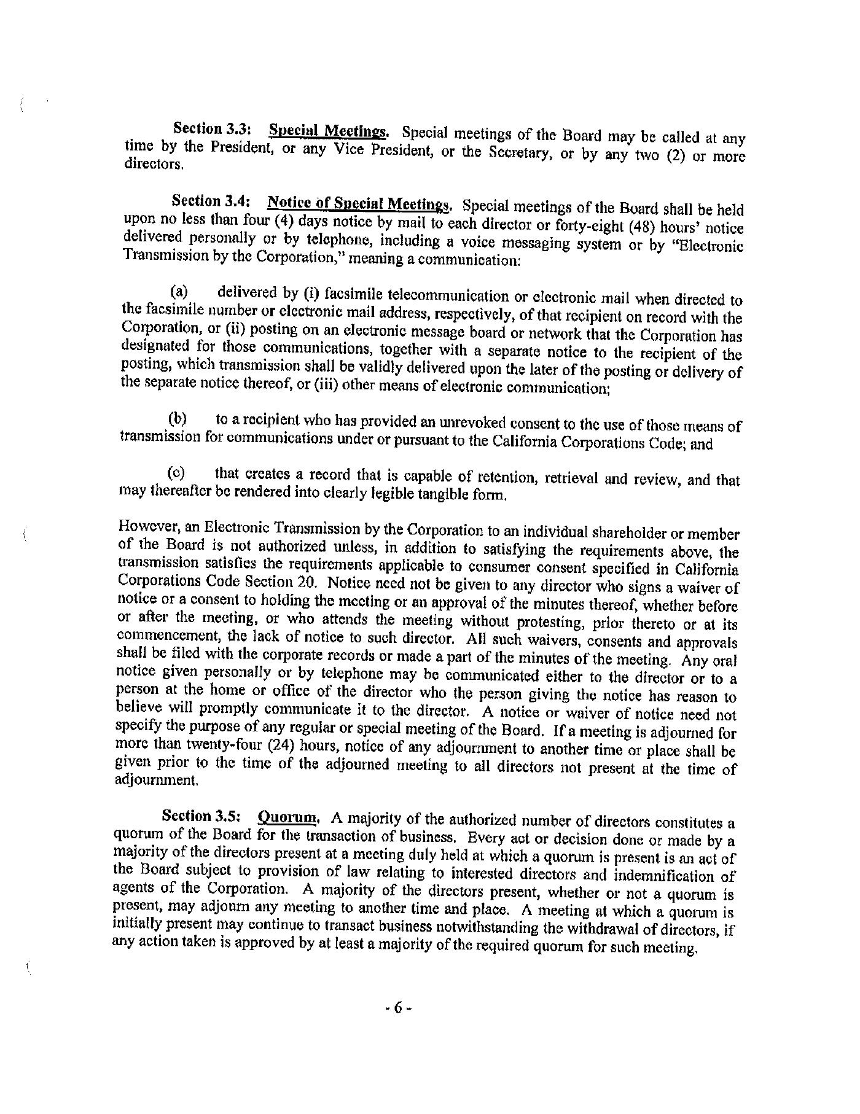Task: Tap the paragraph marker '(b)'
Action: point(178,419)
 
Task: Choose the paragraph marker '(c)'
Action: point(177,473)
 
